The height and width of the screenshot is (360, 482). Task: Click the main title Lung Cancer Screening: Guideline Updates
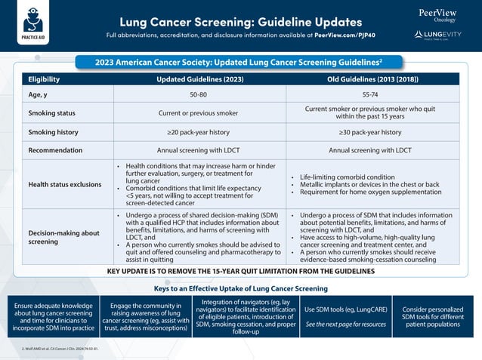tap(240, 22)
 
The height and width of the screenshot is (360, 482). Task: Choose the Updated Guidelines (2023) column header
tap(199, 79)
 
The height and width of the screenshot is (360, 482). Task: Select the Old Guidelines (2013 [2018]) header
tap(370, 79)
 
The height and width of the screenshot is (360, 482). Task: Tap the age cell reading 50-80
tap(199, 95)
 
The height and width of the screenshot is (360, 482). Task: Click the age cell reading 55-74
tap(370, 95)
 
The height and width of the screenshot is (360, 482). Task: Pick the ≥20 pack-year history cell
tap(199, 132)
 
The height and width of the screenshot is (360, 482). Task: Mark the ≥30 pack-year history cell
tap(370, 132)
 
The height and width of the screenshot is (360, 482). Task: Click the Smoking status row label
tap(51, 113)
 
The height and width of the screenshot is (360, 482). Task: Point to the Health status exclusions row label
tap(63, 183)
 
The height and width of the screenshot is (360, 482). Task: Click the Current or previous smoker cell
tap(199, 113)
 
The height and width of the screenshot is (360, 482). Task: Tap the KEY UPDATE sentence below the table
tap(240, 271)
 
